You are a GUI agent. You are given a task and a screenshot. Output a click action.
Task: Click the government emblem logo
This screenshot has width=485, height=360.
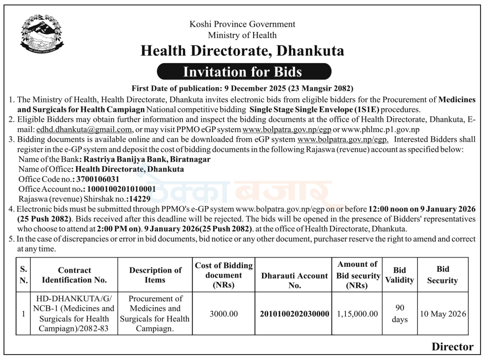(42, 35)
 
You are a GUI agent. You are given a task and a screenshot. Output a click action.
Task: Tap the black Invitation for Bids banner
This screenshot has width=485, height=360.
(242, 72)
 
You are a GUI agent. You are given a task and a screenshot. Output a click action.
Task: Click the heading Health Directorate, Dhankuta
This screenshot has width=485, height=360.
(242, 51)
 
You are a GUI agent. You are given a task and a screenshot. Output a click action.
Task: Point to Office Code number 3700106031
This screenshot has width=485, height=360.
(104, 179)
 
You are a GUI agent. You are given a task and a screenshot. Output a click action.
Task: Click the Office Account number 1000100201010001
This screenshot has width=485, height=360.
(121, 189)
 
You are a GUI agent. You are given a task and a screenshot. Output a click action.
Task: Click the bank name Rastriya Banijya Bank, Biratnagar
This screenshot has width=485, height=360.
(147, 159)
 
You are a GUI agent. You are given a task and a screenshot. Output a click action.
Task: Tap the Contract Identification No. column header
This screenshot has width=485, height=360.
(75, 275)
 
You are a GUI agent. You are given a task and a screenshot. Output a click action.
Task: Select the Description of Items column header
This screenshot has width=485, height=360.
(155, 275)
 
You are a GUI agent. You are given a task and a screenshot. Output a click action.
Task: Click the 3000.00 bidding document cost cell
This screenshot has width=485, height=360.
(224, 314)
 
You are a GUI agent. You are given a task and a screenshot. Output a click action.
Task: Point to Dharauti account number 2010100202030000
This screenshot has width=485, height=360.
(295, 314)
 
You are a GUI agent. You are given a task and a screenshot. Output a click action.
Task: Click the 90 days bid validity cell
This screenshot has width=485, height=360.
(400, 314)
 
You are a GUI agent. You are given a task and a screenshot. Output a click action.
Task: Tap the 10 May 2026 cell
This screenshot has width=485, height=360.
(443, 314)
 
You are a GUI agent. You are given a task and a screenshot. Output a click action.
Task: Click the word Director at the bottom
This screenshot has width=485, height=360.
(452, 347)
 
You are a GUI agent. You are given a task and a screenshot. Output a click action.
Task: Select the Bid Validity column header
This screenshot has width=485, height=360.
(400, 275)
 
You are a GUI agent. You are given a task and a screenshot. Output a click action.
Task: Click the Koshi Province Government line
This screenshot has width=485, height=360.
(242, 24)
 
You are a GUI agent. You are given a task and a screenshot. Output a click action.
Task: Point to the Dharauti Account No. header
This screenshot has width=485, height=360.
(295, 280)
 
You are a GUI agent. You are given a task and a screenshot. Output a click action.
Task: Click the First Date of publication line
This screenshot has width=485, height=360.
(242, 89)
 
